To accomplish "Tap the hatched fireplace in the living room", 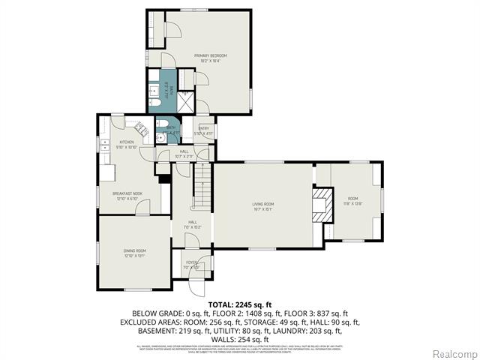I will pos(322,205).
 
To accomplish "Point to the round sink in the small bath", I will pos(160,138).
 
